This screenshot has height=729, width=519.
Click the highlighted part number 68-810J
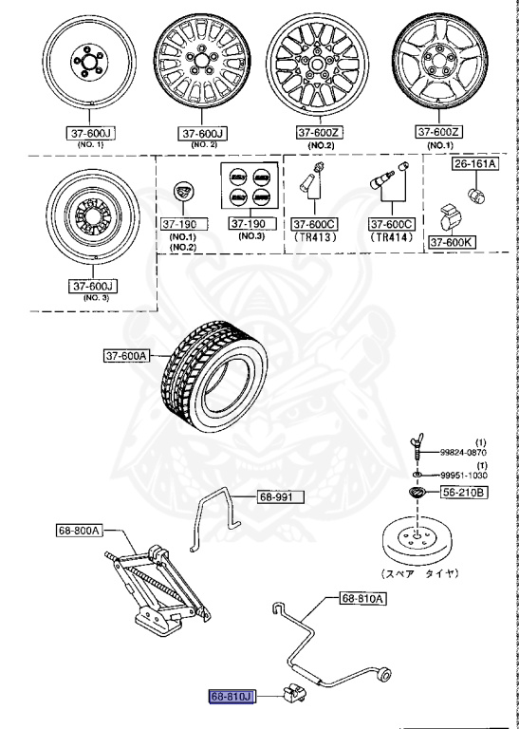tap(233, 697)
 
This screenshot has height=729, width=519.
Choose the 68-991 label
tap(277, 496)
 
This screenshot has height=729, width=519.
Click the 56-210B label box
tap(463, 493)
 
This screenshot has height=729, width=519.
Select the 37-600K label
tap(452, 242)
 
